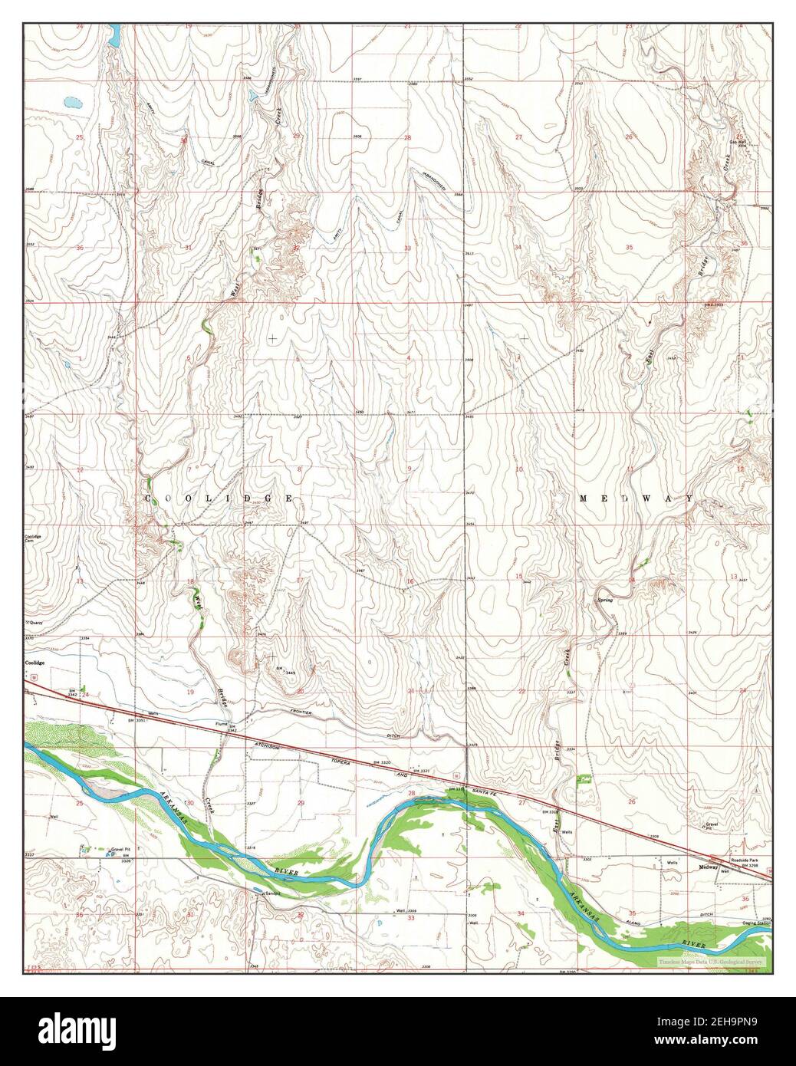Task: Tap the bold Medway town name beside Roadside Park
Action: pyautogui.click(x=708, y=868)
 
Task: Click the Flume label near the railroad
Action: pyautogui.click(x=222, y=723)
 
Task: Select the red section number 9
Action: pyautogui.click(x=410, y=469)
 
